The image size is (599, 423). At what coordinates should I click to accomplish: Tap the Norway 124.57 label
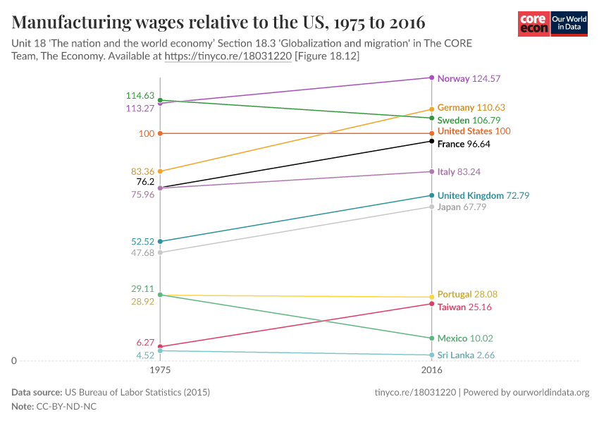point(469,78)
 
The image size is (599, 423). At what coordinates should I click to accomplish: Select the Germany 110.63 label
point(471,107)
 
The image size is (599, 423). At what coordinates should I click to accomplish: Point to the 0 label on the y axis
point(14,361)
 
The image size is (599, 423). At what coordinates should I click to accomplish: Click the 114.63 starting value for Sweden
point(140,95)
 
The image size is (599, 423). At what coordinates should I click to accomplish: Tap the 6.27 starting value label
point(144,342)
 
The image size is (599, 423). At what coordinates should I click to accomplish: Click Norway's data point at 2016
point(431,78)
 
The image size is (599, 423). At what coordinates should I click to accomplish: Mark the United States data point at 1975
point(161,133)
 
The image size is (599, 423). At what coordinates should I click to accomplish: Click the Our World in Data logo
point(569,24)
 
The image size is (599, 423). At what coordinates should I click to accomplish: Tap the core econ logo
point(533,24)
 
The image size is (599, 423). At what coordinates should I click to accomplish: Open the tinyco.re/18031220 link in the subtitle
point(228,56)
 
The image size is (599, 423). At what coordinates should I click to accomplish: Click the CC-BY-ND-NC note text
point(66,407)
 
